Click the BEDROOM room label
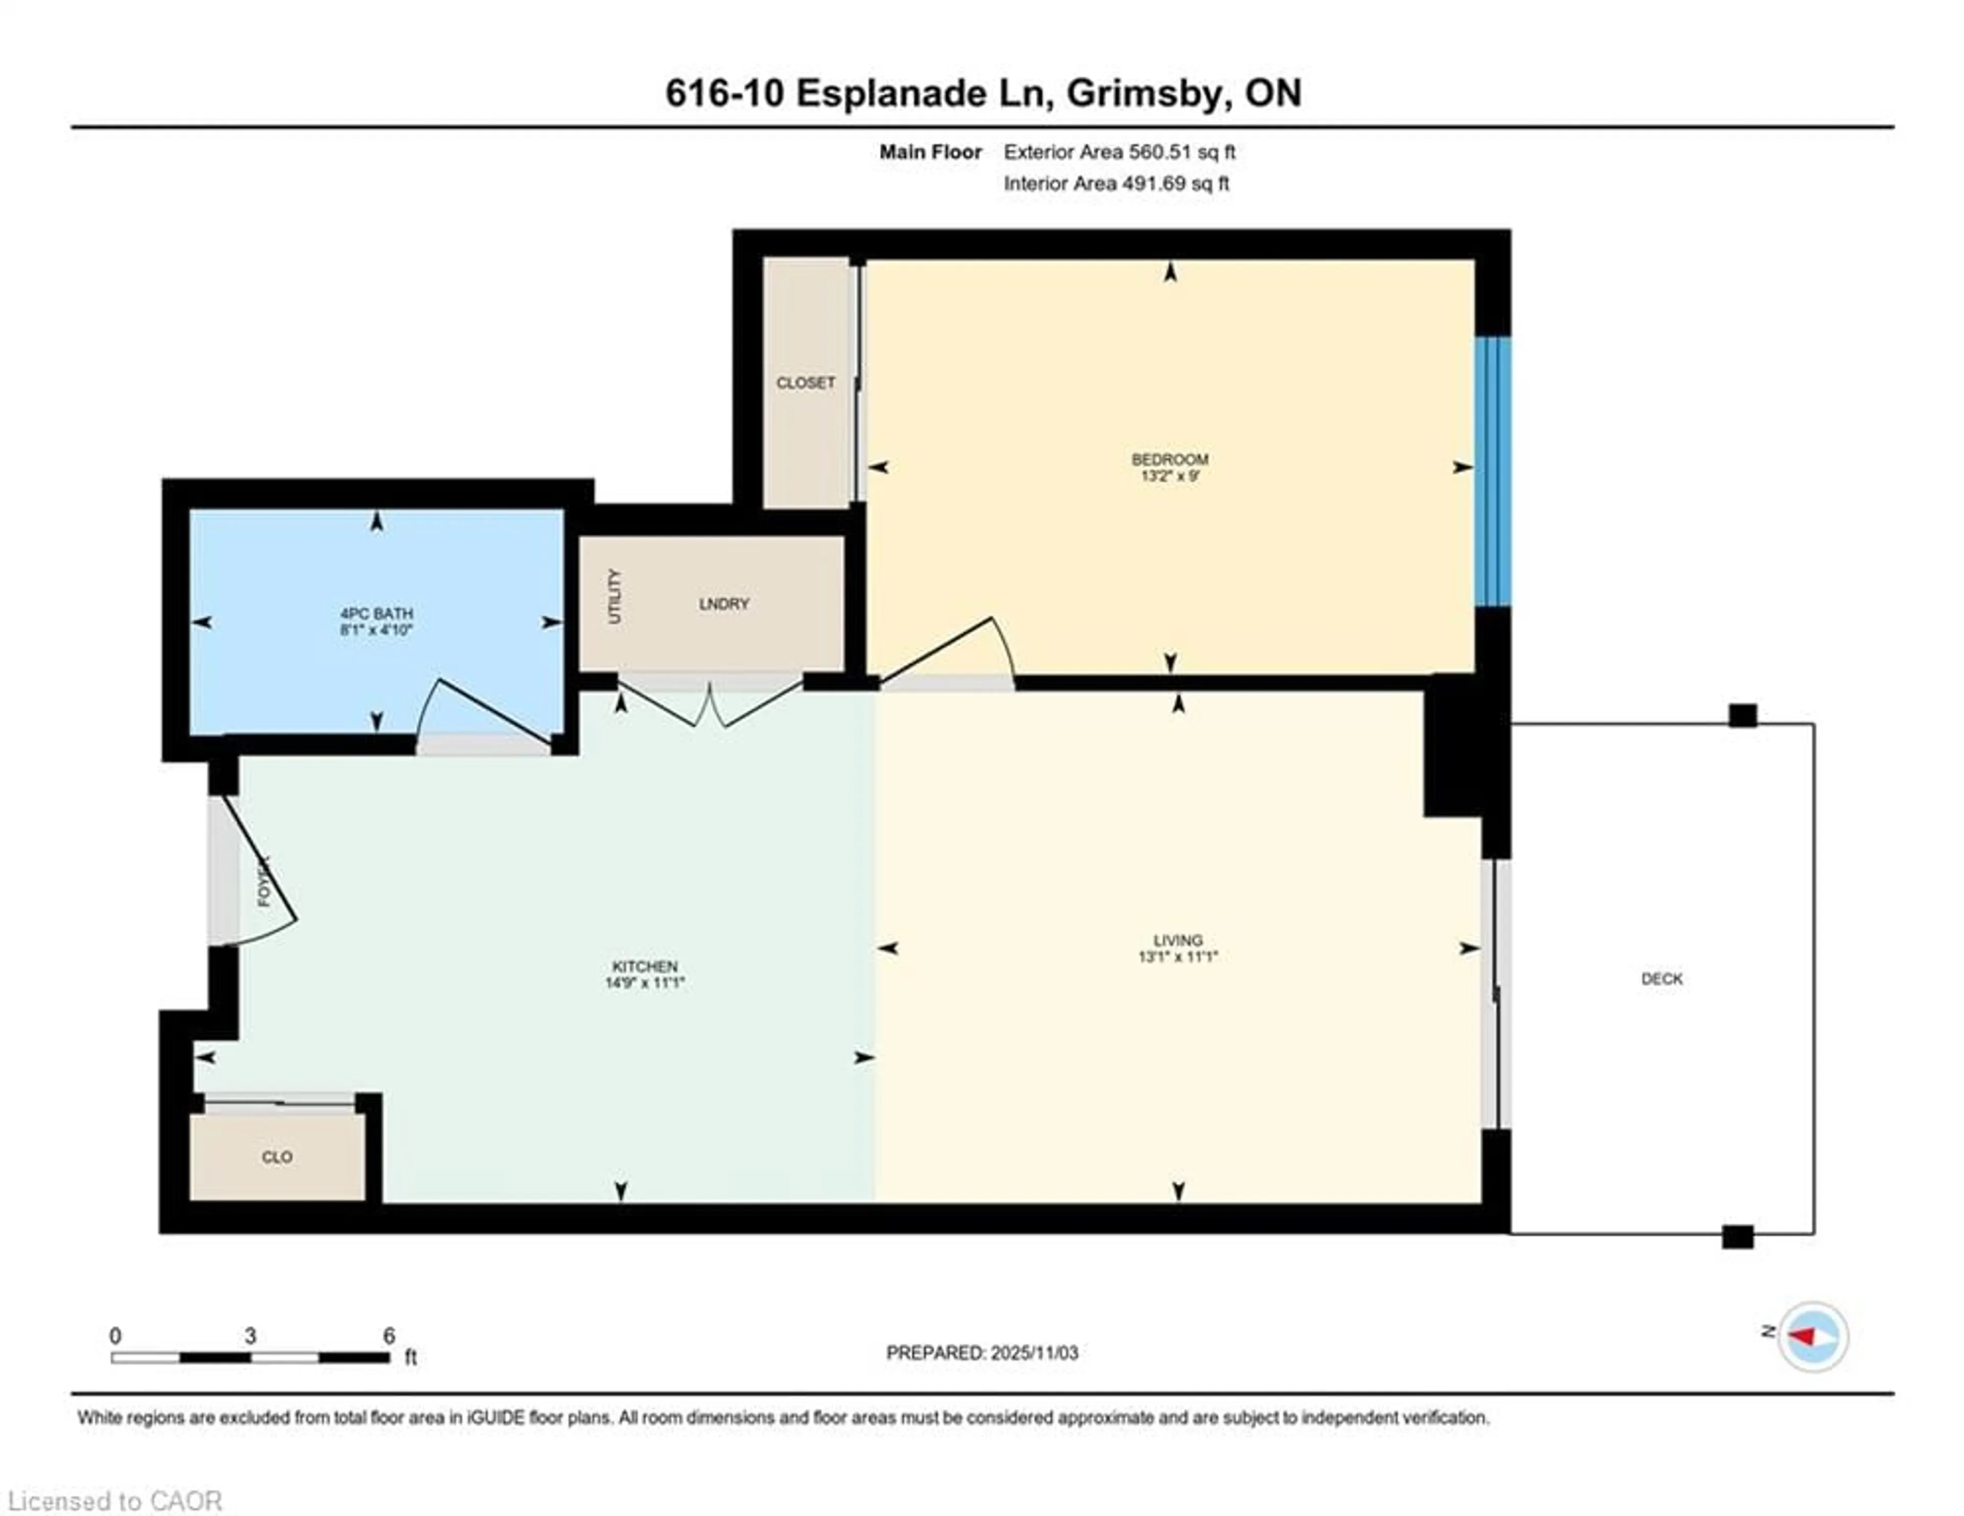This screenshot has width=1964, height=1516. coord(1169,459)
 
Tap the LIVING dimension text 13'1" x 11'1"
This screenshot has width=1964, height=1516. coord(1177,957)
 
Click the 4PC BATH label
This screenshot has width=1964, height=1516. coord(376,613)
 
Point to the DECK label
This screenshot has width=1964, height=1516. coord(1661,979)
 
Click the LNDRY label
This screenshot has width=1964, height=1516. coord(723,604)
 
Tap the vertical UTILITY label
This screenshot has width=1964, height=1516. coord(614,597)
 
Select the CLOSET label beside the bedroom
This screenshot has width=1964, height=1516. coord(805,383)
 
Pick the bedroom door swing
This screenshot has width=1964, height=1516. coord(953,652)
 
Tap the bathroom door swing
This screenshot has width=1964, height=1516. coord(485,715)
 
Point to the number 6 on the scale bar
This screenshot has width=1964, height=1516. coord(389,1335)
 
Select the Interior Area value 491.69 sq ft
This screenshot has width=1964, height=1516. coord(1174,184)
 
